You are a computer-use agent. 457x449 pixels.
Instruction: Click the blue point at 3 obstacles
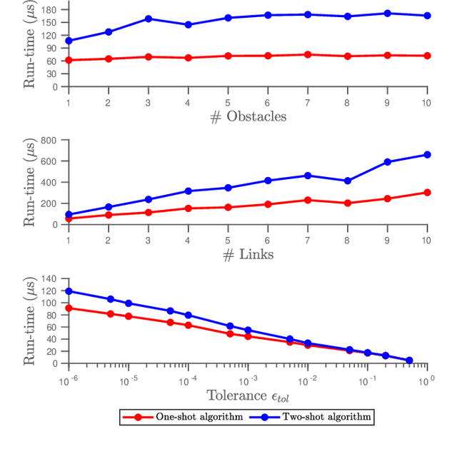(149, 19)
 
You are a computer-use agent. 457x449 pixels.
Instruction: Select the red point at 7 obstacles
(308, 54)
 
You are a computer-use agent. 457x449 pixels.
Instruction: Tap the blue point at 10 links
(427, 154)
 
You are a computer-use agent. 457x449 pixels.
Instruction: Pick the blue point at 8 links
(348, 181)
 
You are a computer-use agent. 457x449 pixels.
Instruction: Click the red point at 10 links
(427, 192)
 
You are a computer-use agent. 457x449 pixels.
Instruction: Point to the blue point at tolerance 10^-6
(69, 291)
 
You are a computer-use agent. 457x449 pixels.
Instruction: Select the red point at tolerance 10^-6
(69, 308)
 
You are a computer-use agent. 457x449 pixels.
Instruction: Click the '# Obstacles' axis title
(248, 116)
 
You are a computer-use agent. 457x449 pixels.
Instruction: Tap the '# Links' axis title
(248, 254)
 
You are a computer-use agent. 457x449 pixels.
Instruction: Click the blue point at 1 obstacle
(69, 41)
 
